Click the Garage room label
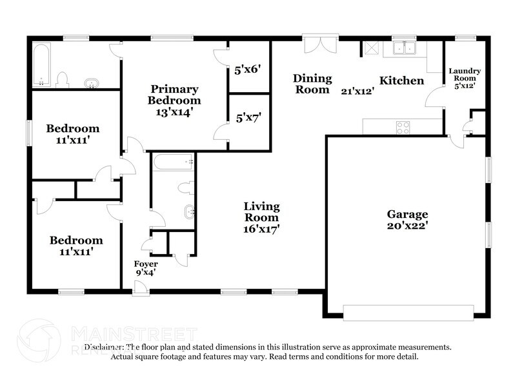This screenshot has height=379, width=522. pos(407,214)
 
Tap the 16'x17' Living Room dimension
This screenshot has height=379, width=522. pos(261,229)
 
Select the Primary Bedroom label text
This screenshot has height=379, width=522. pos(174,95)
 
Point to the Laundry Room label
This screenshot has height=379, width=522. pos(465,75)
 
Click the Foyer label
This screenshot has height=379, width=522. pos(146,264)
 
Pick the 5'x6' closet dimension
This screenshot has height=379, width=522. pos(247,70)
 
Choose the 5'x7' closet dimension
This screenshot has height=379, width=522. pos(248,118)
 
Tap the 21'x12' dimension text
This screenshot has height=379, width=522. pos(357,91)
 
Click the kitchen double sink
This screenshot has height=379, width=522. pos(404,48)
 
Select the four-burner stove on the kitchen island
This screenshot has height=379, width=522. pos(403,128)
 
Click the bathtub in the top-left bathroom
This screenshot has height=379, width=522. pos(41,64)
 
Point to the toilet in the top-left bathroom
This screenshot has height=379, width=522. pos(62,80)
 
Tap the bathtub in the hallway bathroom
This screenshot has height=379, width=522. pos(173,162)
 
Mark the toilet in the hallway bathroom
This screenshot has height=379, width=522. pos(186,188)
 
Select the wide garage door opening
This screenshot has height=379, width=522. pos(408,313)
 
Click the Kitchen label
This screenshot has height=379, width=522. pos(401,81)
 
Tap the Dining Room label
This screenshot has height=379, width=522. pos(312,84)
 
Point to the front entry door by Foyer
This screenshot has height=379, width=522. pos(141,288)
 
